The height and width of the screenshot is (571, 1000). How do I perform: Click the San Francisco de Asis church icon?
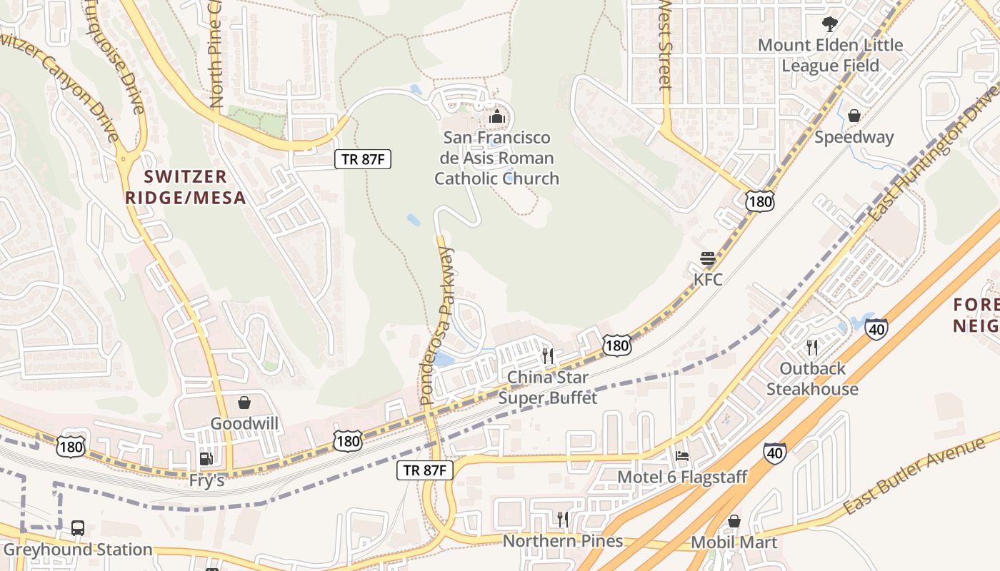[497, 116]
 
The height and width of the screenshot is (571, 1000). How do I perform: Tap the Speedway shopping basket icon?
[854, 116]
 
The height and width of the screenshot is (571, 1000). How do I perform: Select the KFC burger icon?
[708, 258]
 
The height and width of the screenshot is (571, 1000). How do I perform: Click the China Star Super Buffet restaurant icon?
[548, 355]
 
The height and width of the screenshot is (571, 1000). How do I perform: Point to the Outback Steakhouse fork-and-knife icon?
[812, 348]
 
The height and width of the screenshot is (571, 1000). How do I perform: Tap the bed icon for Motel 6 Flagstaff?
[682, 456]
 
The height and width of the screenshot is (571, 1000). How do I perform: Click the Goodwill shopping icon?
[244, 403]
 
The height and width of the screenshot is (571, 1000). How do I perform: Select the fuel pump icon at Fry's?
[206, 459]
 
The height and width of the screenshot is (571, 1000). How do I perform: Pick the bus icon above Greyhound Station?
[78, 528]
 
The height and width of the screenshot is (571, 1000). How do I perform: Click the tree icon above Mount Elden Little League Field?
[829, 24]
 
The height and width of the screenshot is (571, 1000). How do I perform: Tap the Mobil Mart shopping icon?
[734, 522]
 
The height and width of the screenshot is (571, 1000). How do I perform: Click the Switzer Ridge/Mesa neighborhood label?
[186, 187]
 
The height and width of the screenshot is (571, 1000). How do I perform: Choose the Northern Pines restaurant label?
[563, 541]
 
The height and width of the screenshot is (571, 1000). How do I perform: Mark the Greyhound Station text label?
[78, 550]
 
